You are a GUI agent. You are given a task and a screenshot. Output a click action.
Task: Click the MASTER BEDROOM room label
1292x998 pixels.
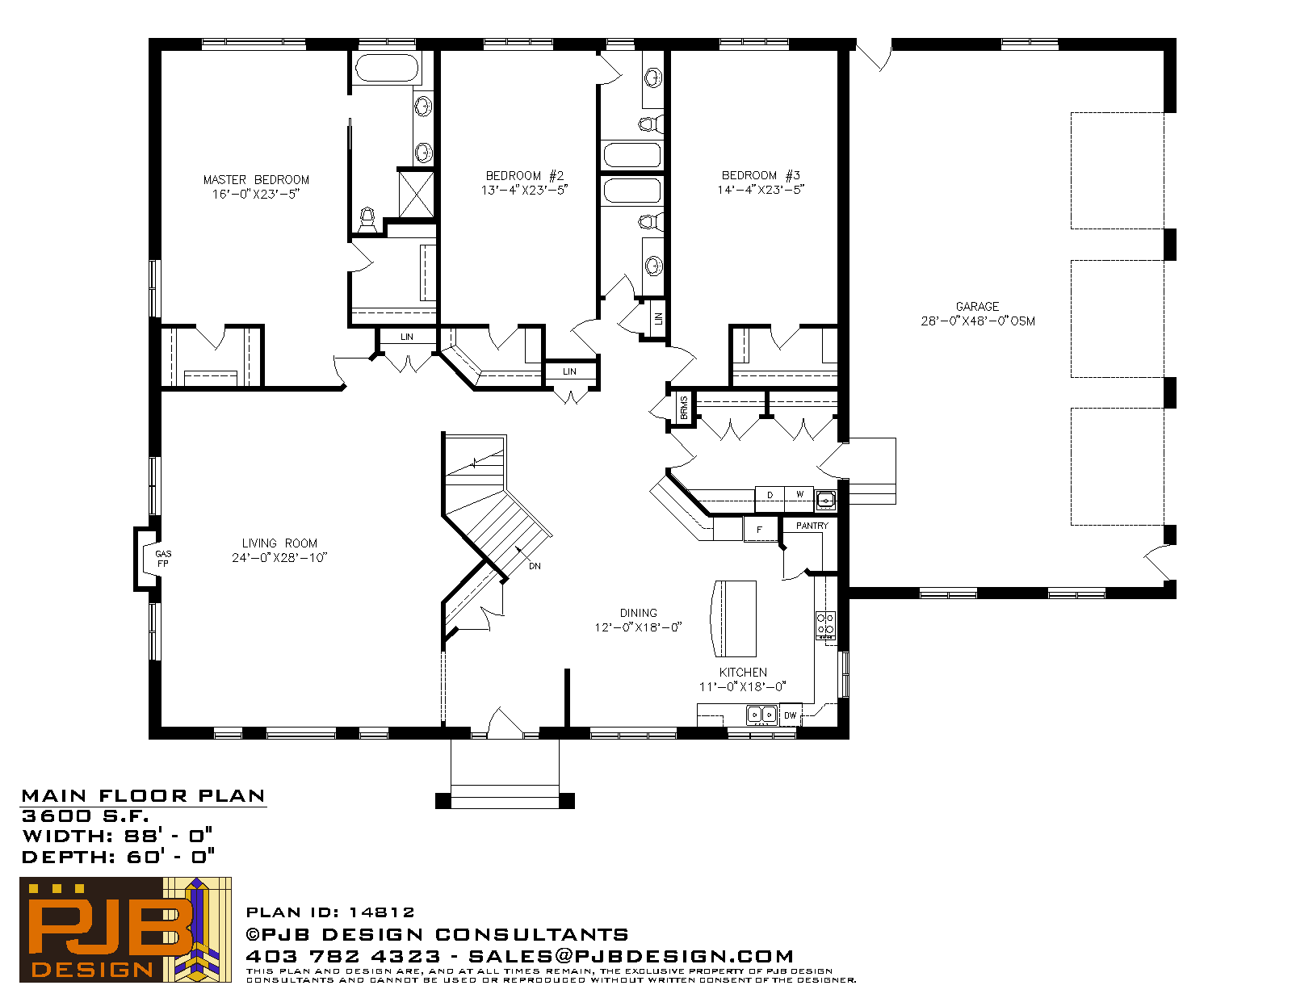[x=256, y=179]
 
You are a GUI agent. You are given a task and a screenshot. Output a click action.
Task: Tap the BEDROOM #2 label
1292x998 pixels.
[x=524, y=176]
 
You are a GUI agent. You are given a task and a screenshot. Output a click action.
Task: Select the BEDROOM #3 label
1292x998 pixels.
[x=761, y=175]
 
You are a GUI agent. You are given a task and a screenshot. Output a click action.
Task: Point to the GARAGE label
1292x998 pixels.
[x=977, y=307]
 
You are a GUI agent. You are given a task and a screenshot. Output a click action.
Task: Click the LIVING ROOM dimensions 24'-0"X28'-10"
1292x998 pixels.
[x=279, y=558]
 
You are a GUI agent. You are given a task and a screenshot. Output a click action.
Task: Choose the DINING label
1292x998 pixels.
[x=639, y=613]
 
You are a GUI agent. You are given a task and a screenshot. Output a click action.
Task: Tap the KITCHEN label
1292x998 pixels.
[x=743, y=673]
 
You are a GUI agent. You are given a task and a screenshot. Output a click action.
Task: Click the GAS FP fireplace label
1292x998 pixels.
[x=163, y=559]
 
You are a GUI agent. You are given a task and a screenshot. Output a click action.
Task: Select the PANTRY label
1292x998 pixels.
[x=812, y=526]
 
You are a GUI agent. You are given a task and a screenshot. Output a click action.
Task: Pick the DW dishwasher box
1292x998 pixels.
[x=791, y=715]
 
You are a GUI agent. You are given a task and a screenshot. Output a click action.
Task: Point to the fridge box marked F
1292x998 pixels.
[x=760, y=529]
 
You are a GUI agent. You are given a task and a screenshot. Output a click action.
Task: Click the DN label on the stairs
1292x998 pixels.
[x=535, y=567]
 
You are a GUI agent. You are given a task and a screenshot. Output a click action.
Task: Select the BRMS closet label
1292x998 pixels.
[x=684, y=407]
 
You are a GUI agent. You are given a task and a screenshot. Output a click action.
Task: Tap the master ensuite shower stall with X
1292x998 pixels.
[x=416, y=194]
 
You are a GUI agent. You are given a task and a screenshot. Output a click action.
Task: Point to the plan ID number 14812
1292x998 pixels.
[x=381, y=912]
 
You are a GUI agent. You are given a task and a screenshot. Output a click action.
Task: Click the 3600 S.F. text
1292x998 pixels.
[x=85, y=816]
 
